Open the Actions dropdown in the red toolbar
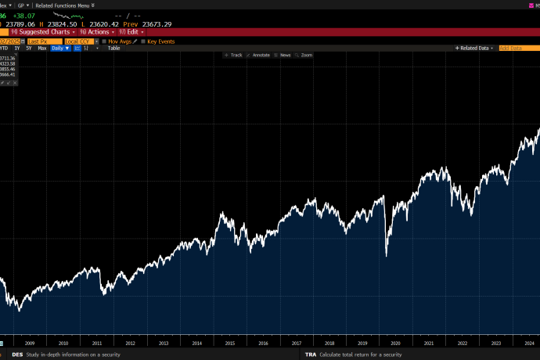coord(99,32)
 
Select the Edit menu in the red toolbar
coord(131,32)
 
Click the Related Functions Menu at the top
coord(64,5)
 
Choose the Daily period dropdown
coord(62,48)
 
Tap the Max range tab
coord(42,48)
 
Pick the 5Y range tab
coord(29,48)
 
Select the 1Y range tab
coord(17,48)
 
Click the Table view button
coord(113,48)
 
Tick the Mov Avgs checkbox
coord(118,41)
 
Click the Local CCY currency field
coord(77,41)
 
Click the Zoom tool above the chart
coord(304,56)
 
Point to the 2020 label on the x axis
coord(395,343)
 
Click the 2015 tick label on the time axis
coord(229,343)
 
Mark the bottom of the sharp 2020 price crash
coord(386,256)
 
